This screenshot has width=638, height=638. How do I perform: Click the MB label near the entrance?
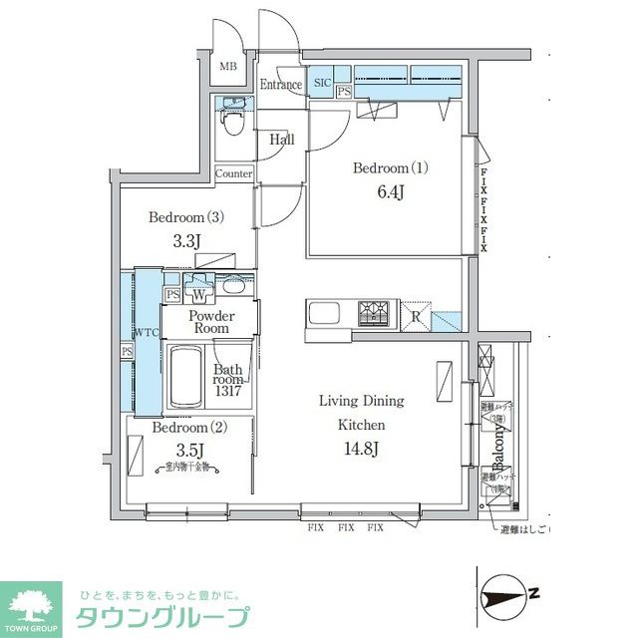coord(228,67)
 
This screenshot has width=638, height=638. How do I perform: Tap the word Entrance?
coord(280,85)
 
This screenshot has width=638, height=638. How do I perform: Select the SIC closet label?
coord(323,83)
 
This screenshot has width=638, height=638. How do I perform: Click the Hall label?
coord(282,141)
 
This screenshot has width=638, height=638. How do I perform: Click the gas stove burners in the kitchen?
coord(375,314)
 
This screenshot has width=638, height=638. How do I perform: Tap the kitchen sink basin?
coord(326,314)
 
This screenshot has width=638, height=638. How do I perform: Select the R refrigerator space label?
coord(416,317)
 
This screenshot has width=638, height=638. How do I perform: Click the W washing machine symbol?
coord(199,296)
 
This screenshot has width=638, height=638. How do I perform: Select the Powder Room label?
coord(210,321)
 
